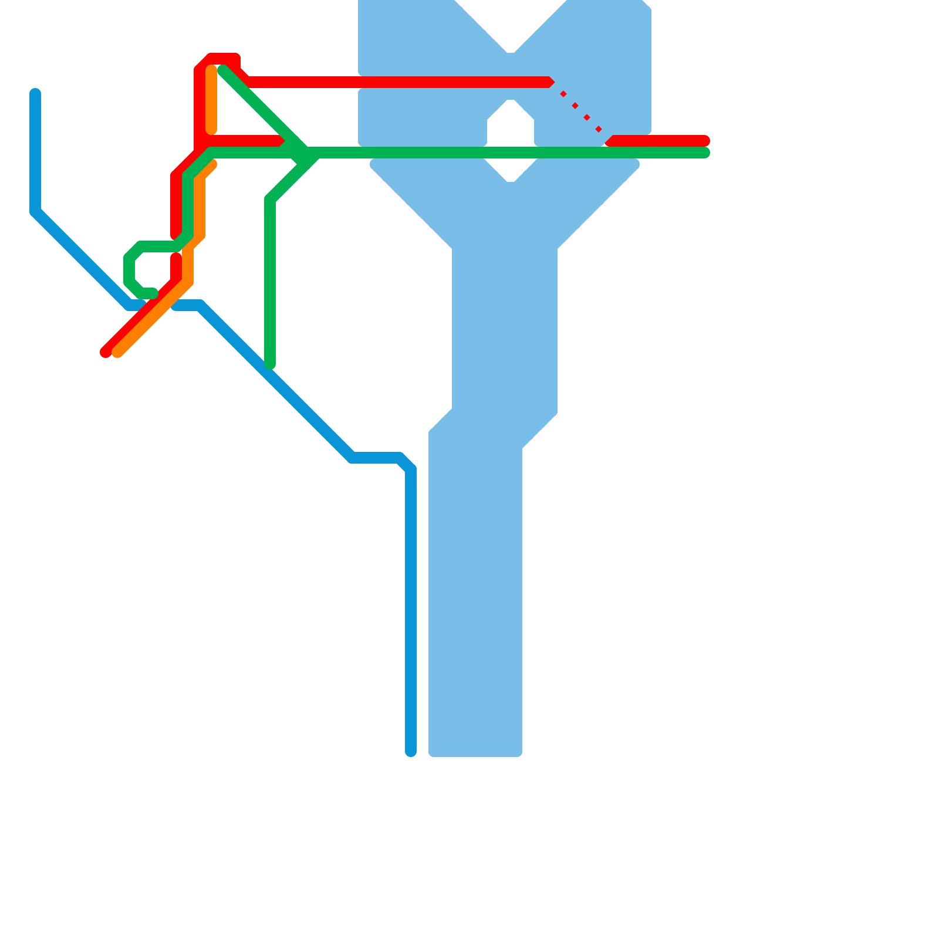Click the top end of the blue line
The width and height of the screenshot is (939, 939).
[35, 93]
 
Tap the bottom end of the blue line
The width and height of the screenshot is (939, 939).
[411, 752]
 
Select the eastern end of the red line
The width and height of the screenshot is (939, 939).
[705, 141]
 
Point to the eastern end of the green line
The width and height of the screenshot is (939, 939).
[705, 153]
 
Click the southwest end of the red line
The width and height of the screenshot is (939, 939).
[105, 352]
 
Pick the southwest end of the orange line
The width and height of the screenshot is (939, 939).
[117, 352]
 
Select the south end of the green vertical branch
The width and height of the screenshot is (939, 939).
[270, 364]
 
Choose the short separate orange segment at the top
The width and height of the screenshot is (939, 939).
[211, 100]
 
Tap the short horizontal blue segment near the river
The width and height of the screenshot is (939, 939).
[376, 458]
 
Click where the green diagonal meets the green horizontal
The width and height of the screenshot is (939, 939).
[305, 153]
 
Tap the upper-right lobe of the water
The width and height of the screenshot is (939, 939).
[604, 47]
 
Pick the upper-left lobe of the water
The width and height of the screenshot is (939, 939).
[405, 35]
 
